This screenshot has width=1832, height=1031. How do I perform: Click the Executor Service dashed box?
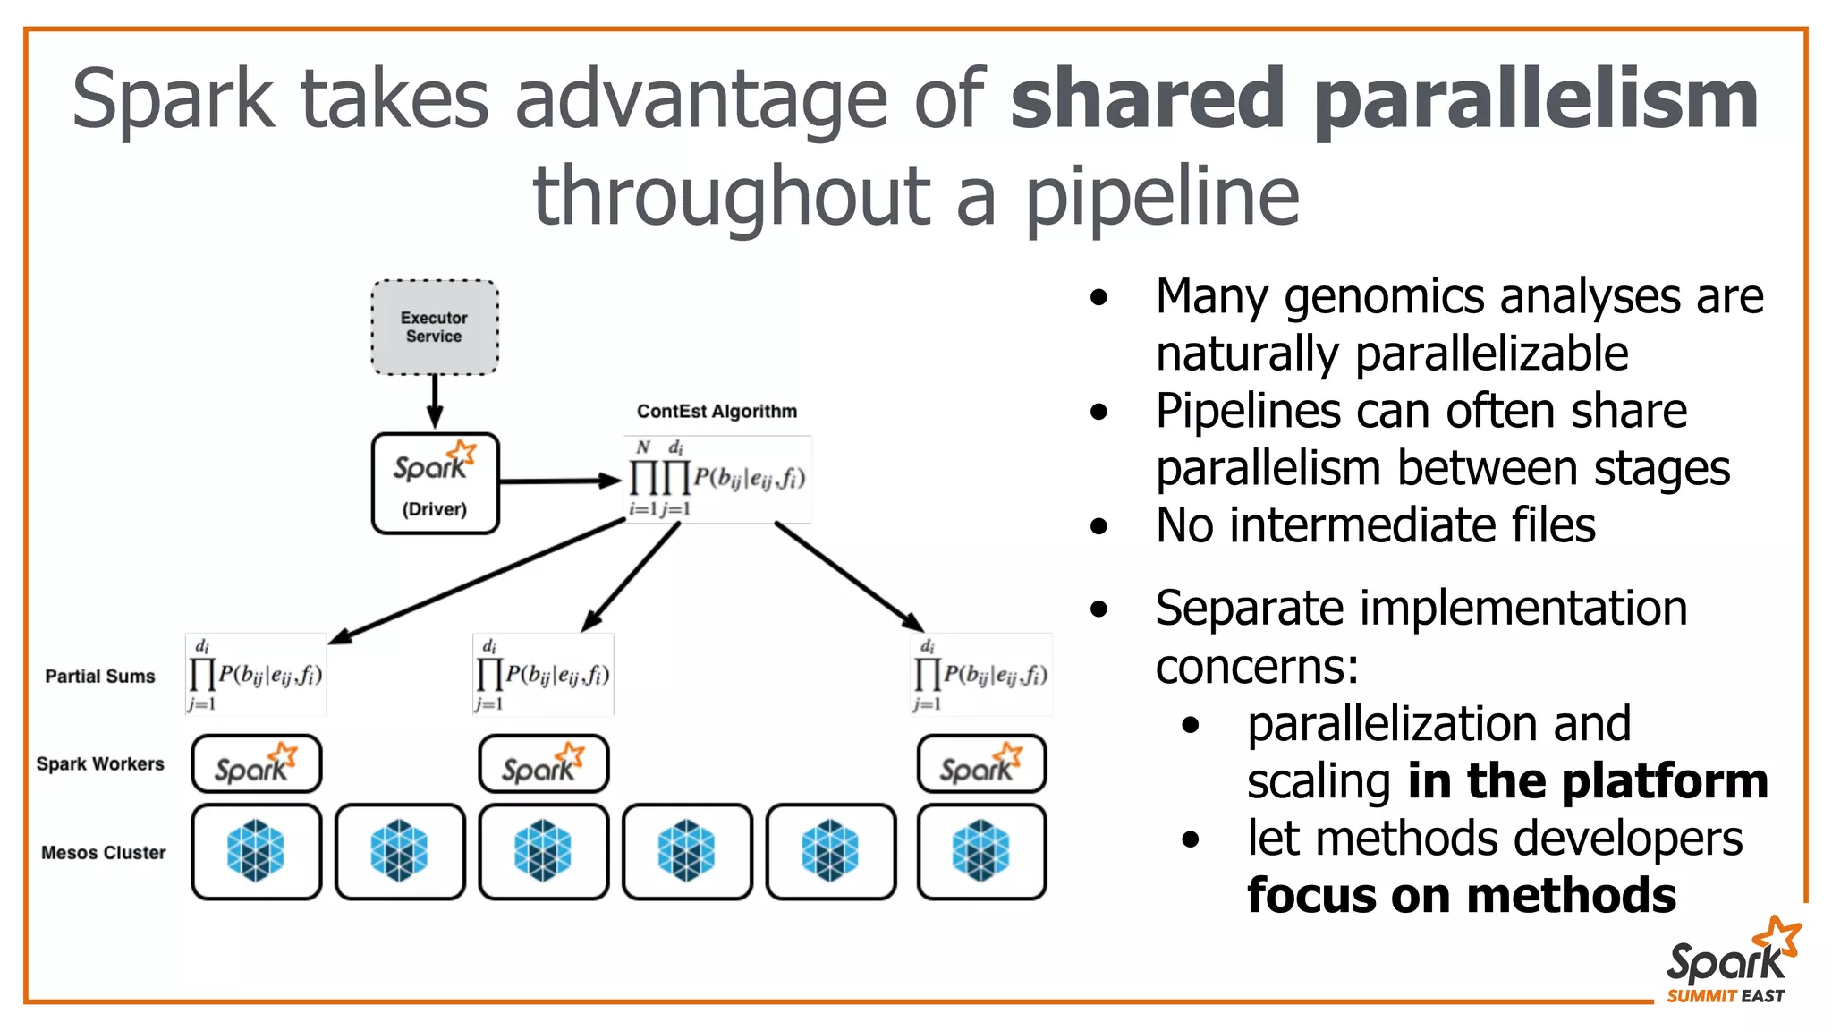(435, 328)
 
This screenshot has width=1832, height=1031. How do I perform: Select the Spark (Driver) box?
(435, 483)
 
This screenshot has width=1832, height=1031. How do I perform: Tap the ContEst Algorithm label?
(717, 412)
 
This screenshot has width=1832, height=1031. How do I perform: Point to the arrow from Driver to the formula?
(559, 481)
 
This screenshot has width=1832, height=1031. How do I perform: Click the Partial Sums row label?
(100, 677)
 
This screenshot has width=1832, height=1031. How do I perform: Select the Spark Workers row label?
(100, 764)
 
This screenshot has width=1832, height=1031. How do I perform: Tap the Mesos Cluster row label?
(103, 853)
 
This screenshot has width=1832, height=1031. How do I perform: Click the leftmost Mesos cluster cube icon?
(256, 851)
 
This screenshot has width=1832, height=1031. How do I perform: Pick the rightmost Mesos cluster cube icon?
(981, 851)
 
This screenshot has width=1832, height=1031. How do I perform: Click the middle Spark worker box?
(543, 764)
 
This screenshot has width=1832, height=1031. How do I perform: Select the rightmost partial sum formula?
(981, 675)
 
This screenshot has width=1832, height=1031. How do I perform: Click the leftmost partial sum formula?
(256, 675)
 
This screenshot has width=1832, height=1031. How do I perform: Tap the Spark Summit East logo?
(1728, 963)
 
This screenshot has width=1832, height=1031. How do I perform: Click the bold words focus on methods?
(1461, 896)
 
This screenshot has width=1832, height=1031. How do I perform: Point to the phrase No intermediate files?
(1375, 525)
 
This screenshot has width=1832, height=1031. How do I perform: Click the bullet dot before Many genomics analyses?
(1099, 297)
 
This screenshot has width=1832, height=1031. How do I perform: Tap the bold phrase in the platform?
(1588, 781)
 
